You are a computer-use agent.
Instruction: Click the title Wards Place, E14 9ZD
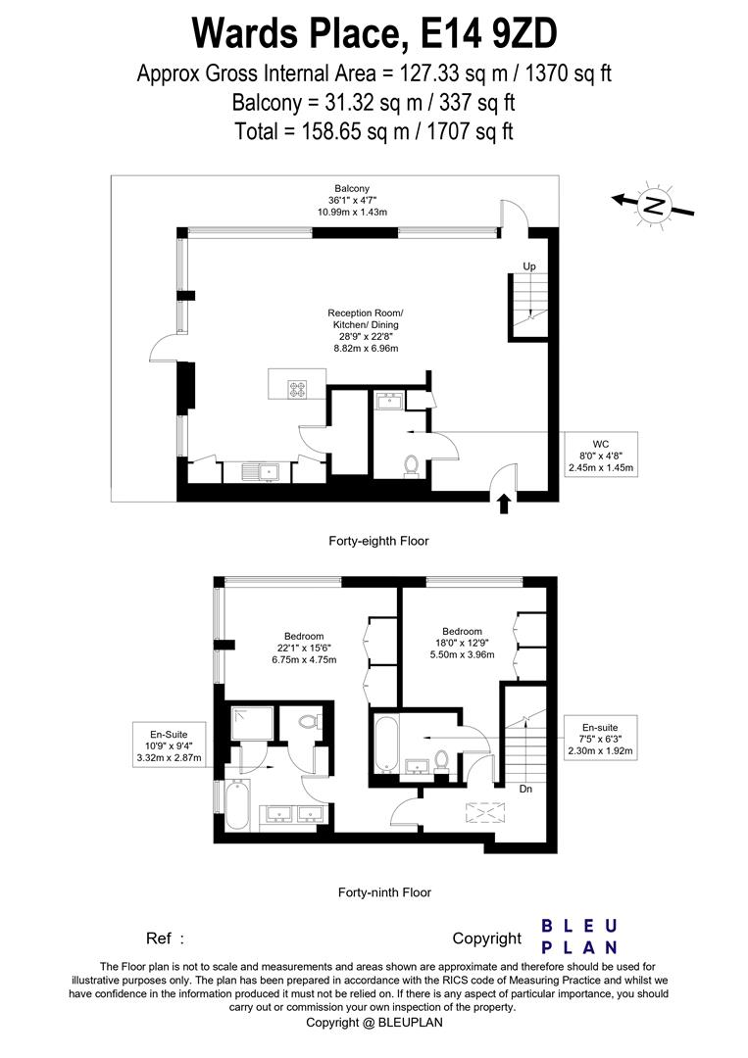(374, 32)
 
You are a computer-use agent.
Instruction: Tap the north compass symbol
(653, 205)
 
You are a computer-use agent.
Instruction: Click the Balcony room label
(351, 200)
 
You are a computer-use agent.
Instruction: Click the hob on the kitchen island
(296, 388)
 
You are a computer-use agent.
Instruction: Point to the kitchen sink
(266, 472)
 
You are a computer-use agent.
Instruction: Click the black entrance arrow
(504, 504)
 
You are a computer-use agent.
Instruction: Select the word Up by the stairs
(528, 266)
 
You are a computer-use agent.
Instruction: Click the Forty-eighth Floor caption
(377, 541)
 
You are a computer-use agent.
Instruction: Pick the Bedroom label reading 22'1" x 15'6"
(304, 648)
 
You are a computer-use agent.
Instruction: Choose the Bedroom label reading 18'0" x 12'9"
(462, 643)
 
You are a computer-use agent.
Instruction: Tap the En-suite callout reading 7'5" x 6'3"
(601, 740)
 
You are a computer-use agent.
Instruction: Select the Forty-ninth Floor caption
(384, 892)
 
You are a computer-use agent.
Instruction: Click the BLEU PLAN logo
(579, 937)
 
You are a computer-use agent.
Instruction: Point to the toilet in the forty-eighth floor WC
(411, 465)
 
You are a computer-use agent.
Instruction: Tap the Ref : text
(166, 938)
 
